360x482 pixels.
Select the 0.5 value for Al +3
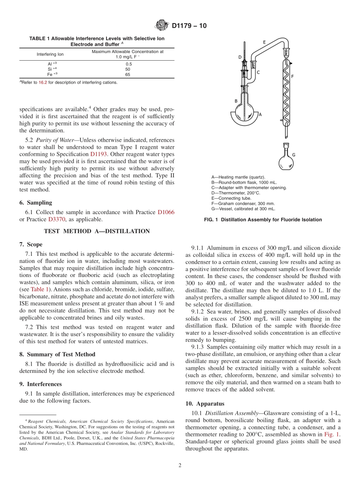(x=129, y=64)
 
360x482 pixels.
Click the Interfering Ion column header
(x=50, y=54)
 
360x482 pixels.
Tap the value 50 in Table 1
(x=128, y=69)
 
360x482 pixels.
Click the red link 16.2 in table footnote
(x=43, y=83)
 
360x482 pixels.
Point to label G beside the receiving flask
(x=294, y=155)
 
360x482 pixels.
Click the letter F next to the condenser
(x=292, y=77)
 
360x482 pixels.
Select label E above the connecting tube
(x=264, y=42)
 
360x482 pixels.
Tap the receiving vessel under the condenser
(x=286, y=161)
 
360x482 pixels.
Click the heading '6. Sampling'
(x=36, y=203)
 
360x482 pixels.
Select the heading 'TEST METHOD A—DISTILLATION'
(x=97, y=231)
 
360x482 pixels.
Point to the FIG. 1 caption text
(x=263, y=220)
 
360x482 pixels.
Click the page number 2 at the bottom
(x=180, y=465)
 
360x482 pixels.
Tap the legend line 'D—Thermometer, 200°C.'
(x=235, y=193)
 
